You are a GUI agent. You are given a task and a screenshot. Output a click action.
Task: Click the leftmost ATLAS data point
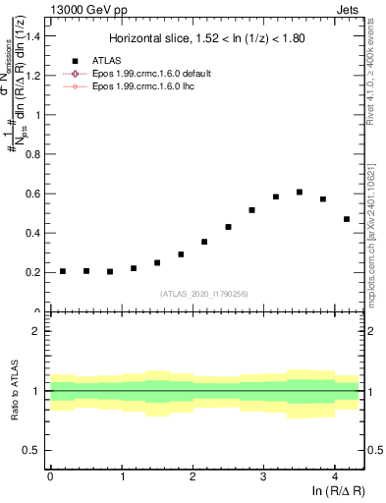point(63,271)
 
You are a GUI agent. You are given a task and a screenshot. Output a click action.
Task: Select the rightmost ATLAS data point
point(347,219)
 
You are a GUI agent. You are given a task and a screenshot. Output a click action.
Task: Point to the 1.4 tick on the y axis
point(36,36)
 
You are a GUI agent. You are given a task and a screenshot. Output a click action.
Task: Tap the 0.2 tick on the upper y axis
point(36,272)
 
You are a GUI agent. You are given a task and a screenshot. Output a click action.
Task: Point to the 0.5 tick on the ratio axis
point(36,450)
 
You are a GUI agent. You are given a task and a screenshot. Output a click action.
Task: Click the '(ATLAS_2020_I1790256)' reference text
point(204,294)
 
